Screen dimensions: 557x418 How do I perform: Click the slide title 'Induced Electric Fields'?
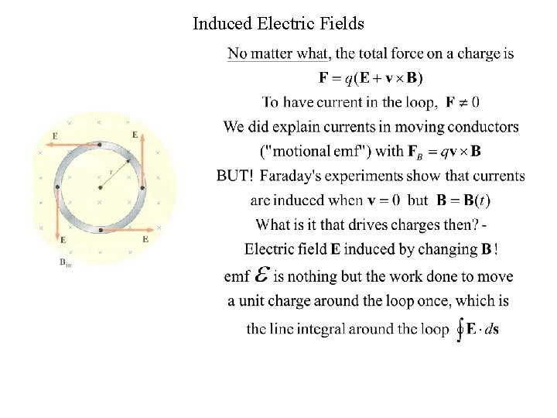(x=278, y=24)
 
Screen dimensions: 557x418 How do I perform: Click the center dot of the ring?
(x=100, y=187)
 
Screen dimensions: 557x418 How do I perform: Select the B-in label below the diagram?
(x=65, y=264)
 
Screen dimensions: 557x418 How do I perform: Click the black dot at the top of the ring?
(x=100, y=144)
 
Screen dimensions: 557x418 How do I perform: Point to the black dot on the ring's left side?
(x=57, y=187)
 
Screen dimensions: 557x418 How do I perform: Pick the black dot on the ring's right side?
(x=143, y=187)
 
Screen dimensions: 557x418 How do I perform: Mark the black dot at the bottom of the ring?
(x=101, y=230)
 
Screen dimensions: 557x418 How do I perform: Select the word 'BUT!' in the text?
(x=235, y=176)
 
